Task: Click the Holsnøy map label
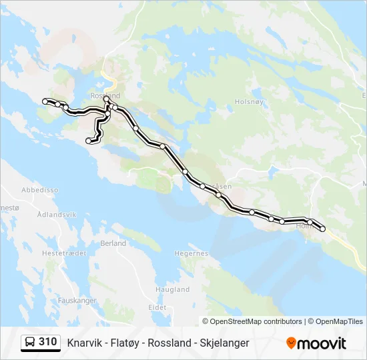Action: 250,102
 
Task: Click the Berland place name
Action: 113,243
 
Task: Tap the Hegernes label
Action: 191,253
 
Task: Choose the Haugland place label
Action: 172,290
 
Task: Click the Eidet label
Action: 157,307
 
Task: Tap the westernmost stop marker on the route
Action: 45,101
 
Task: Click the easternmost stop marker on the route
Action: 323,229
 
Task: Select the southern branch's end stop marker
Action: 89,141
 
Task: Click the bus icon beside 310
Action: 30,343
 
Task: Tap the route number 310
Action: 47,342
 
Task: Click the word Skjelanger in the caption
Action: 224,343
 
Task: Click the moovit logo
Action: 316,343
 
